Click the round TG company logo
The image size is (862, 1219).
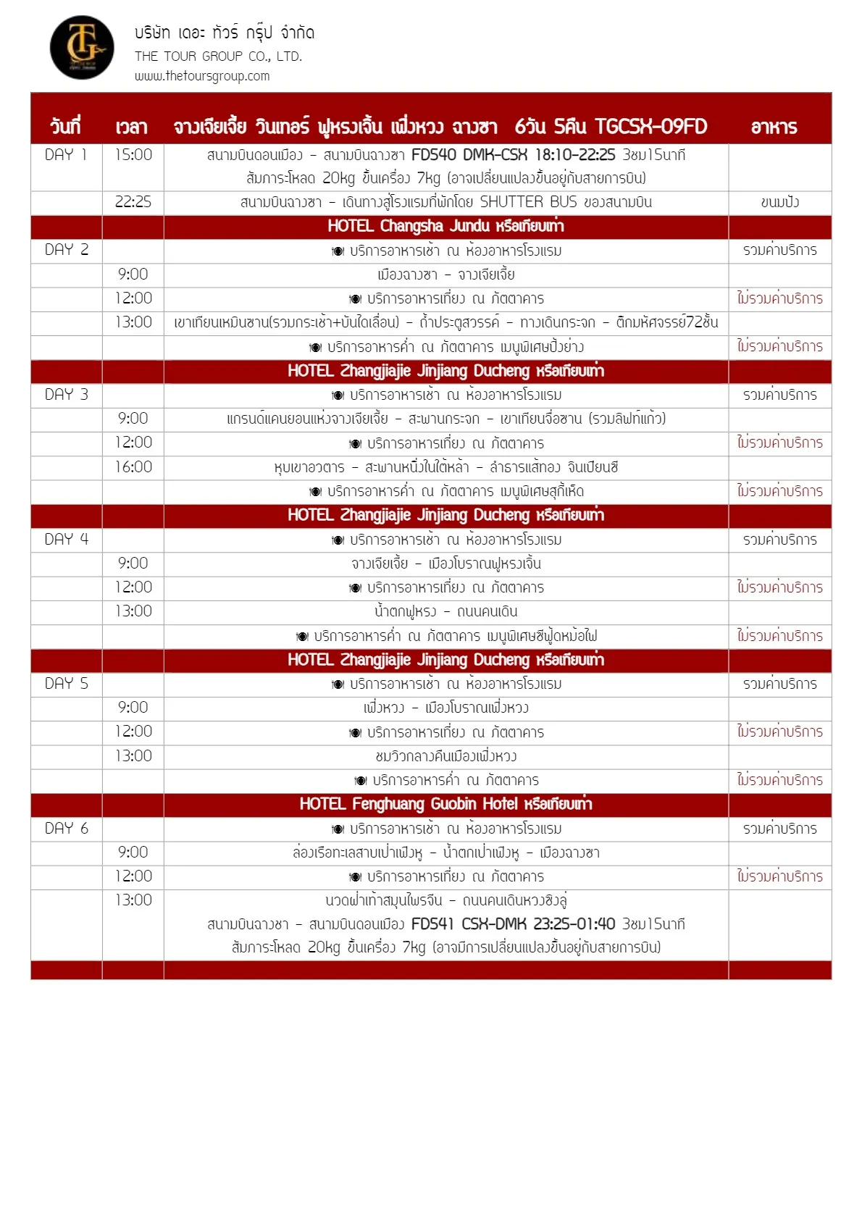(x=82, y=48)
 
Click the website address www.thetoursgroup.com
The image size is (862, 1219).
(x=201, y=76)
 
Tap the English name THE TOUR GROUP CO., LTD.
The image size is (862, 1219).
(x=218, y=56)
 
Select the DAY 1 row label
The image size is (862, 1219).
(x=66, y=155)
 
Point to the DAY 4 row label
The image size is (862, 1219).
(x=66, y=540)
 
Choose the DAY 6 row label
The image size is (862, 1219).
(x=66, y=829)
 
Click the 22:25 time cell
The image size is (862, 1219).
(x=133, y=202)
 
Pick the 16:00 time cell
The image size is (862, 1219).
(x=133, y=467)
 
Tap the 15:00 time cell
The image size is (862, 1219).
(x=133, y=155)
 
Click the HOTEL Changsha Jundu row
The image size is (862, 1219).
(x=445, y=226)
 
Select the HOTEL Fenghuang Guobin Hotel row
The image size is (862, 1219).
(x=445, y=804)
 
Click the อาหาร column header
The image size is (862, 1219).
(x=774, y=127)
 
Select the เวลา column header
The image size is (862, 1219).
(x=131, y=127)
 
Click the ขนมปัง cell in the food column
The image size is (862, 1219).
(x=779, y=202)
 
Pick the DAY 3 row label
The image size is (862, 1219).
(x=66, y=395)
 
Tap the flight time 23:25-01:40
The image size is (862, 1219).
(x=574, y=924)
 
